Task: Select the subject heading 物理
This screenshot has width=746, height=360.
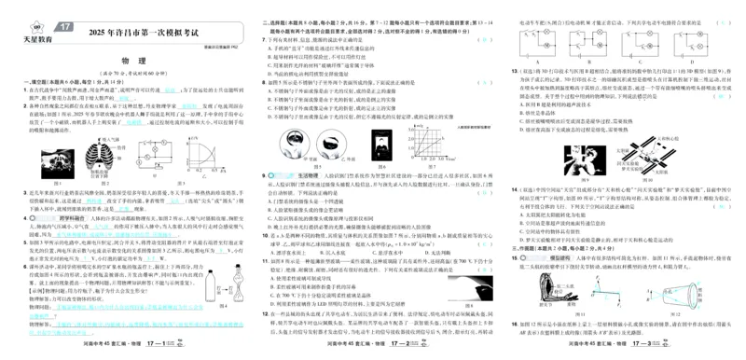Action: pyautogui.click(x=125, y=62)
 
